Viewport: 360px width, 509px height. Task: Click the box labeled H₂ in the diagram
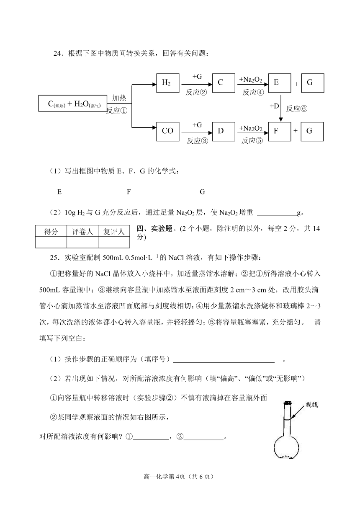(x=168, y=83)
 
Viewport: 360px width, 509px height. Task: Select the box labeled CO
(x=168, y=132)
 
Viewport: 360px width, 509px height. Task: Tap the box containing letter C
(x=224, y=83)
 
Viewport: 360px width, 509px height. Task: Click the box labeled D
(x=224, y=132)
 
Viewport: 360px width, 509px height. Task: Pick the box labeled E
(x=280, y=83)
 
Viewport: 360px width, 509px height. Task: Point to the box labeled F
(x=280, y=132)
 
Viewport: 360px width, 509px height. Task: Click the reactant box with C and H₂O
(x=73, y=103)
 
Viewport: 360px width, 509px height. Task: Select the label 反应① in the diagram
(x=117, y=111)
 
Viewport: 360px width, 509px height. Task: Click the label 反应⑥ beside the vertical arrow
(x=297, y=109)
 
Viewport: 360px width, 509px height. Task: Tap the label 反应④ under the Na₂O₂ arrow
(x=253, y=92)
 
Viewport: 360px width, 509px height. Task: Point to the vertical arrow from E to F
(x=281, y=108)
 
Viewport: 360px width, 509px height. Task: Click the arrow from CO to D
(x=197, y=133)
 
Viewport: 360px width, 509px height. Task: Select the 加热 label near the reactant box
(x=119, y=98)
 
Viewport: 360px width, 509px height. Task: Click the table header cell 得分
(x=51, y=232)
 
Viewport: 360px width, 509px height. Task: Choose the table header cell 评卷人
(x=82, y=232)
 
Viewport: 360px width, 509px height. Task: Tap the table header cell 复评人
(x=114, y=232)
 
